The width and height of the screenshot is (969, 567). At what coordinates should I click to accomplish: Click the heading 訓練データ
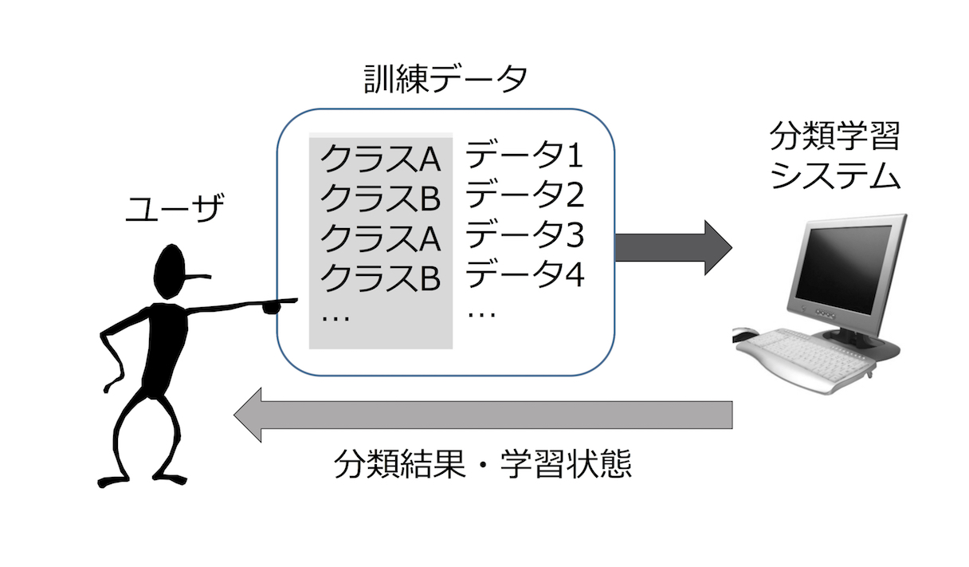pos(445,81)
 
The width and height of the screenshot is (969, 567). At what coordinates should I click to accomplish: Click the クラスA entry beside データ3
pos(380,238)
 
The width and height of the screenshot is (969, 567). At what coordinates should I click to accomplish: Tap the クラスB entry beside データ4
pos(380,277)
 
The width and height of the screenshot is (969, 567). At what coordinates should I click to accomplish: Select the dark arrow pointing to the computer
pos(673,248)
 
